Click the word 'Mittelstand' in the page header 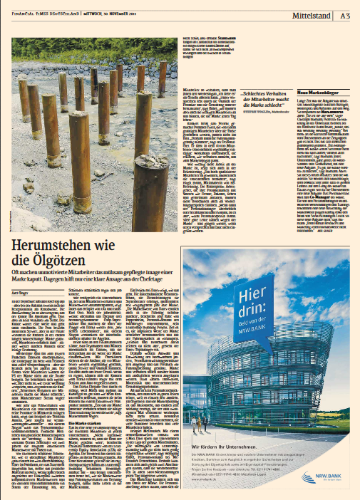(311, 14)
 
